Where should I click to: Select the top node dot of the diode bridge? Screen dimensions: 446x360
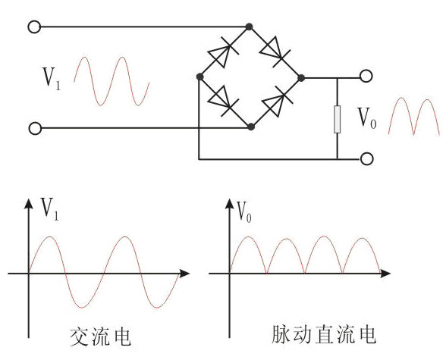(249, 27)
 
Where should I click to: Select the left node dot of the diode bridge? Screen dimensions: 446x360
(199, 77)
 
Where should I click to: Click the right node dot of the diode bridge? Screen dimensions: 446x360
(301, 77)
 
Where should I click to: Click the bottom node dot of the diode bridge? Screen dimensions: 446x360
(250, 127)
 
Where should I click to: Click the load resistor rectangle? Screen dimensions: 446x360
(337, 119)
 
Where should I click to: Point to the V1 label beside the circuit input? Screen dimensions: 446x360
(52, 78)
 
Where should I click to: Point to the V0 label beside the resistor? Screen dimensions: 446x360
(367, 118)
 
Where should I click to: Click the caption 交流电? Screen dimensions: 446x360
(101, 337)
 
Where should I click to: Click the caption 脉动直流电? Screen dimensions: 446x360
(325, 335)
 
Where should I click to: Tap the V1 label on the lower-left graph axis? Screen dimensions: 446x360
(50, 209)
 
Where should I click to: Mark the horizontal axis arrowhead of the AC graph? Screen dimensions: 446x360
(185, 274)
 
